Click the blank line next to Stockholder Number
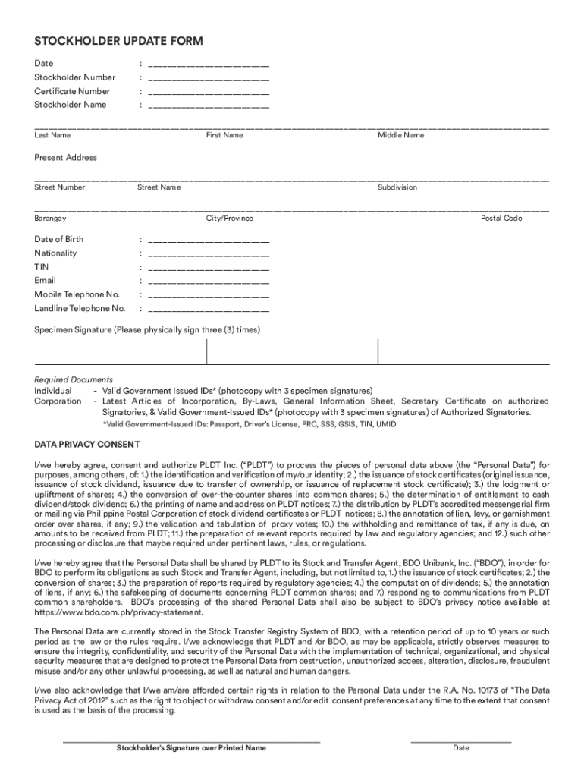[x=209, y=78]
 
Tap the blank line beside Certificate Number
[x=209, y=92]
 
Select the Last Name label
[x=52, y=136]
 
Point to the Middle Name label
[x=401, y=136]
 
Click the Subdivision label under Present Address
[x=397, y=187]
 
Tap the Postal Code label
[x=501, y=219]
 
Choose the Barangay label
[x=50, y=219]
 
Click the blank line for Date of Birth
[x=209, y=241]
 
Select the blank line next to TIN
[x=209, y=268]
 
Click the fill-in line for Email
[x=209, y=282]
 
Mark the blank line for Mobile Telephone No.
[x=209, y=295]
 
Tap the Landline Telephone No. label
[x=80, y=309]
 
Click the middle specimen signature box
[x=292, y=352]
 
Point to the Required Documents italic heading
[x=74, y=379]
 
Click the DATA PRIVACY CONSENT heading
[x=86, y=444]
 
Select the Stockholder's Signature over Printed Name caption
[x=191, y=748]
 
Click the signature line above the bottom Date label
[x=461, y=741]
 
